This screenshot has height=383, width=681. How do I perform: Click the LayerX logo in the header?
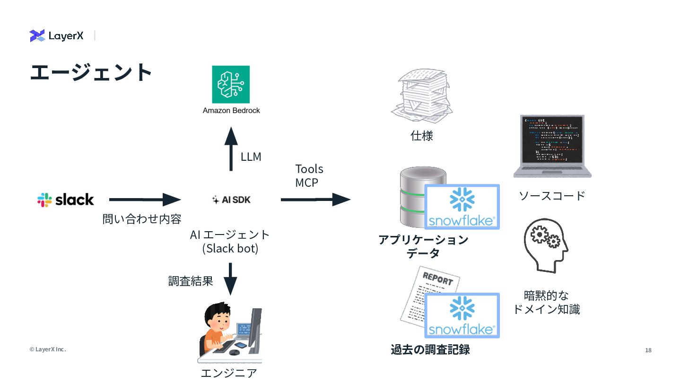[x=57, y=35]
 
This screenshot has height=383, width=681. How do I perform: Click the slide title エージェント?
[x=91, y=72]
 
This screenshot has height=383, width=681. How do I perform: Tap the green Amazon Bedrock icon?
[x=231, y=85]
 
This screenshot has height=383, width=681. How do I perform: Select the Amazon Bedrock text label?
[x=231, y=111]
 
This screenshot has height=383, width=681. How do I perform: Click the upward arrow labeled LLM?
[x=231, y=149]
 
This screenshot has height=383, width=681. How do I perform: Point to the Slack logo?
[x=66, y=200]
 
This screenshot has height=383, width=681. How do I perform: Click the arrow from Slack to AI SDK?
[x=145, y=200]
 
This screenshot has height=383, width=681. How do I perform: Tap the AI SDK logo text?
[x=231, y=200]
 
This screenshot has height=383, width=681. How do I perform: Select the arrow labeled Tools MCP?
[x=315, y=200]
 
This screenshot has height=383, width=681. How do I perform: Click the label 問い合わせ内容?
[x=142, y=219]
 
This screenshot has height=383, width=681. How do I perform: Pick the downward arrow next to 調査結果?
[x=230, y=279]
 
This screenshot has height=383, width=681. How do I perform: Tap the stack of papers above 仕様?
[x=422, y=96]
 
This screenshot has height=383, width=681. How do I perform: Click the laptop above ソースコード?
[x=552, y=146]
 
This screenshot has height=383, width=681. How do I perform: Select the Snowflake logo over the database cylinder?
[x=462, y=207]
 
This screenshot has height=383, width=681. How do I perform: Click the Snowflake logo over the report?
[x=462, y=315]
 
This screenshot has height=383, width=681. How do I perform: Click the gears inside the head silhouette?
[x=545, y=237]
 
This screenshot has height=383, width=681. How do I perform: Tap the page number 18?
[x=648, y=350]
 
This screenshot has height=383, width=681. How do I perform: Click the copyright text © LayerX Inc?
[x=48, y=349]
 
